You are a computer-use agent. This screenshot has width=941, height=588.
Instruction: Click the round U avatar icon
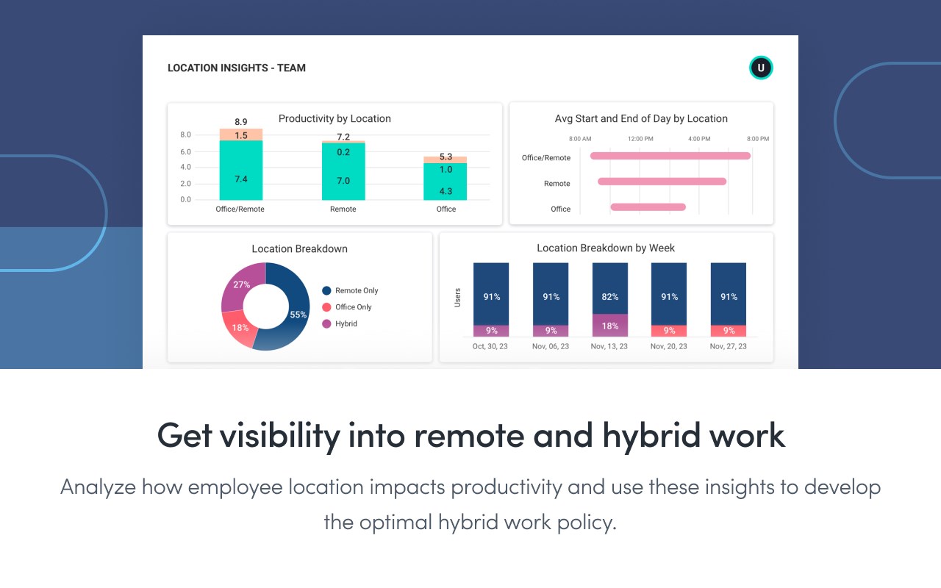(761, 68)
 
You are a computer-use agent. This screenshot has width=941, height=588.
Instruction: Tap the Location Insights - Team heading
(237, 68)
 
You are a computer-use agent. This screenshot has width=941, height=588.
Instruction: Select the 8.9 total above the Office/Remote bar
(241, 122)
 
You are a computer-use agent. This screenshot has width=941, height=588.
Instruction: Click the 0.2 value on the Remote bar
(343, 152)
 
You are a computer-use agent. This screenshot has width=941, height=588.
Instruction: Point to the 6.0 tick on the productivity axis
(185, 151)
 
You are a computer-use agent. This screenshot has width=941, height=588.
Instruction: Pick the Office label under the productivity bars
(446, 209)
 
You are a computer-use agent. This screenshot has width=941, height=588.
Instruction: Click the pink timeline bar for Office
(648, 207)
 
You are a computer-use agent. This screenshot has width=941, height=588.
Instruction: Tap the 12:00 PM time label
(640, 139)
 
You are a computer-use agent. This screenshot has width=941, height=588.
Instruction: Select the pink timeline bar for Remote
(662, 182)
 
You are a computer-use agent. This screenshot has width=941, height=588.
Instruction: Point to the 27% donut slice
(241, 285)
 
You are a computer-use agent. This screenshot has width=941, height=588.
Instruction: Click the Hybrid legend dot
(326, 324)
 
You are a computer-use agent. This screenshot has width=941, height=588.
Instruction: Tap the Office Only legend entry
(354, 307)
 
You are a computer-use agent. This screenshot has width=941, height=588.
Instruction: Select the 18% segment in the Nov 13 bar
(610, 326)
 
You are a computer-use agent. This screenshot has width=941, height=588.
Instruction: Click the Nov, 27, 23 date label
(729, 346)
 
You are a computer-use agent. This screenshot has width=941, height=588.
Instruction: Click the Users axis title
(457, 297)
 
